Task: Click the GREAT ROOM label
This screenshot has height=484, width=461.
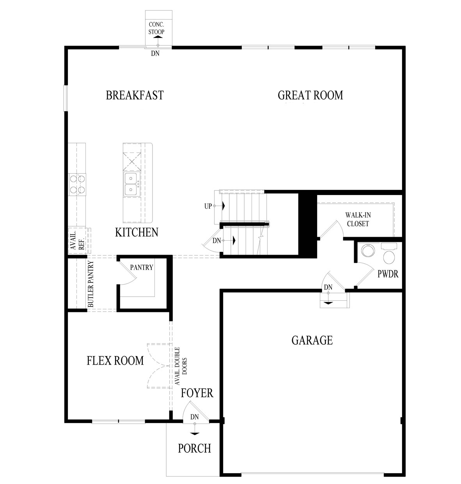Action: point(310,95)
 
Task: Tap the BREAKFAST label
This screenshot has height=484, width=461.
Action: point(135,96)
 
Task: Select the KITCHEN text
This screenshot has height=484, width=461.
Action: point(137,232)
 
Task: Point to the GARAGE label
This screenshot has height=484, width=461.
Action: point(312,340)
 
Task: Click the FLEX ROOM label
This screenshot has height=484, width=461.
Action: point(115,361)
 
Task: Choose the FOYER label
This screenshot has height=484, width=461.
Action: point(197,393)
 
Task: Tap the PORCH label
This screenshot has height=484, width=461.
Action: point(194,449)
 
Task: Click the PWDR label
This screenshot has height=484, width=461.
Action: point(388,273)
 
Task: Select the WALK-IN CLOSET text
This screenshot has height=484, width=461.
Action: point(357,219)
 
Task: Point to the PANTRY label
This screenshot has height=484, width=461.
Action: point(142,268)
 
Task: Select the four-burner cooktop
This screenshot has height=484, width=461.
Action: point(77,184)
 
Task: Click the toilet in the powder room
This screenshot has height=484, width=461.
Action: point(388,257)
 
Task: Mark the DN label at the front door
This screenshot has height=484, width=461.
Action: point(195,417)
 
